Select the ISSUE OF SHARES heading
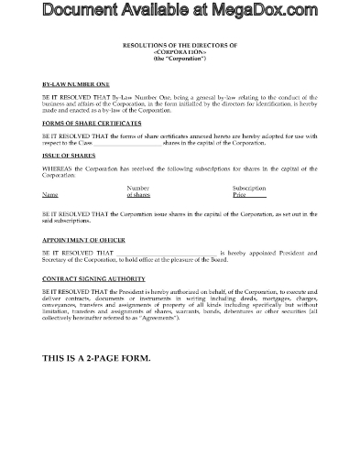tap(65, 156)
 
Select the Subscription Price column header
tap(248, 191)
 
